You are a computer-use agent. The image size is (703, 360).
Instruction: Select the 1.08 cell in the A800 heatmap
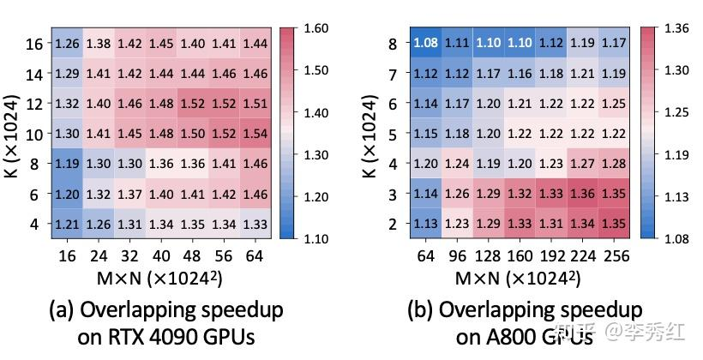(425, 42)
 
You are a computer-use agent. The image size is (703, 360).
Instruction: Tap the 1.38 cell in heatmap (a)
(99, 43)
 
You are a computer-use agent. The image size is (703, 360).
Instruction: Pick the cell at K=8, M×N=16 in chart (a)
(68, 163)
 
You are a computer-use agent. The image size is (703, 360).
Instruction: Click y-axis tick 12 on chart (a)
(34, 103)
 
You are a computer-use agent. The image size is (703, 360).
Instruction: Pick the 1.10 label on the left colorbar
(316, 237)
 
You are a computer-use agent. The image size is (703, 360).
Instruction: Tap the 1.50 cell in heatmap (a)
(193, 134)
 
